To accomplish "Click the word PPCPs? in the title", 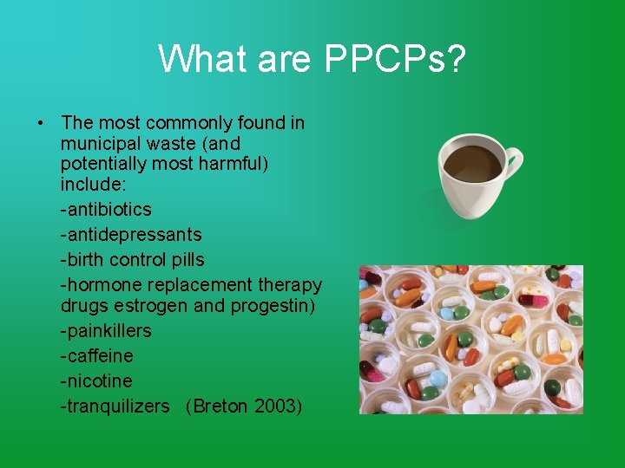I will click(395, 59).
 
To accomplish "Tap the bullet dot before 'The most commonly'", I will click(41, 123).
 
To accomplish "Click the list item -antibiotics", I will click(106, 210).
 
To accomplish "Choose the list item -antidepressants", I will click(131, 235).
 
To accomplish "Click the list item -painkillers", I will click(106, 331).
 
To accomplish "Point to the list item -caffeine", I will click(97, 356).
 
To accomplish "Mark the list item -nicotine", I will click(96, 381).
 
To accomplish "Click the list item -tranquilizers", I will click(115, 406).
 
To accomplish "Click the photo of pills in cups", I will click(471, 340).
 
